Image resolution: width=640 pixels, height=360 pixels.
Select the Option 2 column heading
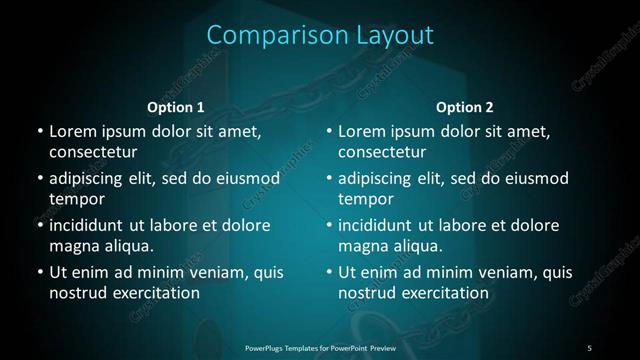pyautogui.click(x=465, y=107)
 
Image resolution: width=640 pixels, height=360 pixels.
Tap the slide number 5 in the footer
pyautogui.click(x=589, y=347)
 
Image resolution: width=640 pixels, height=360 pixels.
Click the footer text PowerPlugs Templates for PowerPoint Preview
pyautogui.click(x=319, y=347)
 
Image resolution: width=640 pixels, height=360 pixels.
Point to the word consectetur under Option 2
pyautogui.click(x=383, y=152)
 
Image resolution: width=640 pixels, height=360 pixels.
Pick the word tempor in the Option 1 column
pyautogui.click(x=77, y=199)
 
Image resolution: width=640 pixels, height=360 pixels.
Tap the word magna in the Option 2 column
pyautogui.click(x=363, y=246)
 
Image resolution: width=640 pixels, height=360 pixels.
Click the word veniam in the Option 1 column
pyautogui.click(x=210, y=272)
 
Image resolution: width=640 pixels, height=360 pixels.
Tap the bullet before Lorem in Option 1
pyautogui.click(x=39, y=132)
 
